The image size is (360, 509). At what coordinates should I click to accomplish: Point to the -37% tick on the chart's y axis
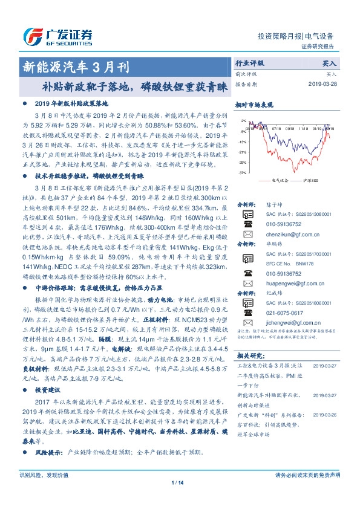pyautogui.click(x=241, y=173)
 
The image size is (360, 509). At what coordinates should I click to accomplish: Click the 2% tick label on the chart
pyautogui.click(x=243, y=121)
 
